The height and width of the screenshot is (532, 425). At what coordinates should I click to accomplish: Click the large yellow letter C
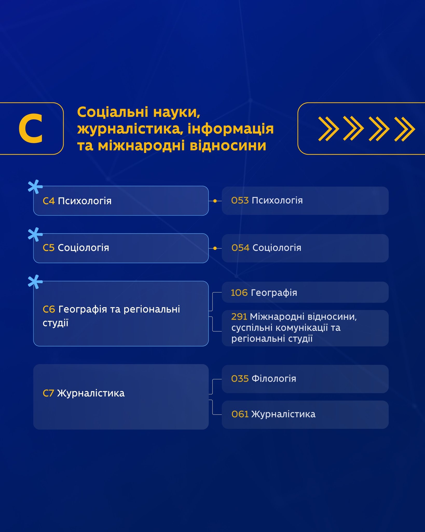tap(31, 128)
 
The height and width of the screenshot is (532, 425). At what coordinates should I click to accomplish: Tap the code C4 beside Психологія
tap(49, 201)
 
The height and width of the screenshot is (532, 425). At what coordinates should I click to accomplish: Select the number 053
tap(240, 200)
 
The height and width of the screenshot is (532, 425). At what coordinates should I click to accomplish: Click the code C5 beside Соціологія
tap(49, 248)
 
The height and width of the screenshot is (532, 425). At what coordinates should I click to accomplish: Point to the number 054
tap(240, 248)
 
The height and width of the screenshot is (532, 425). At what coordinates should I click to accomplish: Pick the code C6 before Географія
tap(49, 309)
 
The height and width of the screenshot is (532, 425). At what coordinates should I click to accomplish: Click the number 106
tap(239, 292)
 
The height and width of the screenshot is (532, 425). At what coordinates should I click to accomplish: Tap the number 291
tap(239, 316)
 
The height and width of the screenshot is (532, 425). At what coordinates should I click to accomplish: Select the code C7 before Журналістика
tap(48, 393)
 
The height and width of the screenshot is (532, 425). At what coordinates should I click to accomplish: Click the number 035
tap(240, 378)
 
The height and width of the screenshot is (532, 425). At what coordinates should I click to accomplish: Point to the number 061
tap(240, 414)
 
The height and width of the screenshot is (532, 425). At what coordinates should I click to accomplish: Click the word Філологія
tap(274, 378)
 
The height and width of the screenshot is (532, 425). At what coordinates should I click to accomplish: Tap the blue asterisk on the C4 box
tap(35, 187)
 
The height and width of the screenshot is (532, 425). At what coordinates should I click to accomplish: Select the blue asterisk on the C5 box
tap(35, 235)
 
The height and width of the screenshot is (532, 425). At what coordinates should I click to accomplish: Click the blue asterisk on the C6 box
tap(35, 282)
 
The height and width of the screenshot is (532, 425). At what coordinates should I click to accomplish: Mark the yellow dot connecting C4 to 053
tap(215, 201)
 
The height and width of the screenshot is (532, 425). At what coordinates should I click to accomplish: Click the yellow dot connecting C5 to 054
tap(215, 248)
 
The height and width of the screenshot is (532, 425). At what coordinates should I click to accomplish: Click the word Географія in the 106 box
tap(274, 293)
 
